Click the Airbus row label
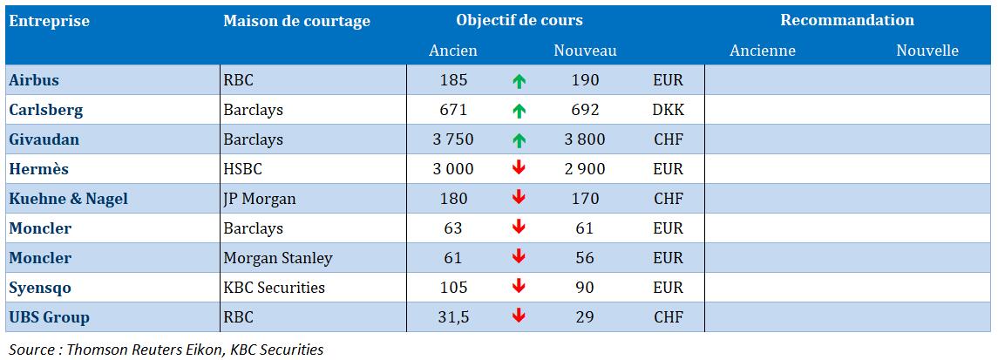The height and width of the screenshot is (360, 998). [x=34, y=80]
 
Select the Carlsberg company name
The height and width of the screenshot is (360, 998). [x=45, y=110]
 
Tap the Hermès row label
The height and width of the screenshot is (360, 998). [x=37, y=169]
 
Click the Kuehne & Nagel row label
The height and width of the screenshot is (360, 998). [x=68, y=199]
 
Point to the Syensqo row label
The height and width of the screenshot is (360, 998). [x=40, y=288]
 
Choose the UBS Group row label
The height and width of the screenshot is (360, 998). [x=49, y=317]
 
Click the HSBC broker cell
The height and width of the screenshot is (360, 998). [x=242, y=169]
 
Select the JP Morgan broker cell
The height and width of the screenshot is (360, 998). [x=260, y=199]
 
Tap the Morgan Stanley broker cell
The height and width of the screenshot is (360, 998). [x=278, y=258]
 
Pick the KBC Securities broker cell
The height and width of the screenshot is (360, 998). [x=275, y=288]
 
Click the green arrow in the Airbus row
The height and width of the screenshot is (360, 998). [x=519, y=81]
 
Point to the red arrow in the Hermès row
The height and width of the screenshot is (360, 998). [x=519, y=169]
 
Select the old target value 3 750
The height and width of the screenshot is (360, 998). [x=454, y=139]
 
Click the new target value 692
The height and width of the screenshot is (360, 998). [x=583, y=110]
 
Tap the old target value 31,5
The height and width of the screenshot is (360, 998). [x=454, y=317]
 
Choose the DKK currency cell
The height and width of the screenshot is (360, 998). [x=668, y=110]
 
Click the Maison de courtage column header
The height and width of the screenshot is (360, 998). [x=296, y=21]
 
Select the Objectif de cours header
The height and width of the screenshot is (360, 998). [x=519, y=20]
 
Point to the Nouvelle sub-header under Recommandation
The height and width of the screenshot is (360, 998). [x=927, y=51]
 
